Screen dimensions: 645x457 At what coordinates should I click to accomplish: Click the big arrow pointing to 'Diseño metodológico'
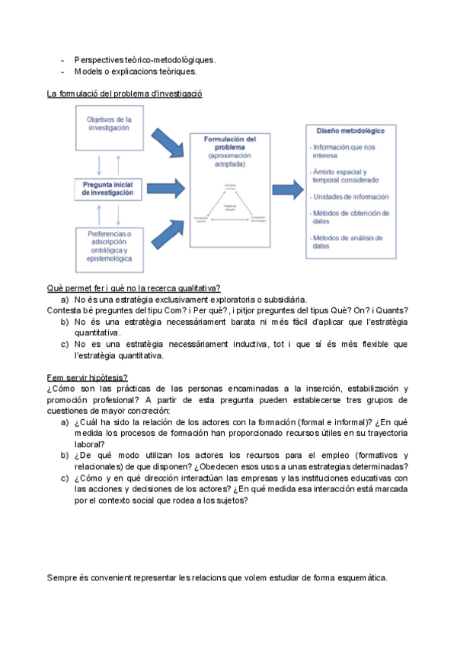pos(287,189)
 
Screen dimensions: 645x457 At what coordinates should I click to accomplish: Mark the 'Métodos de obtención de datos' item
pos(350,218)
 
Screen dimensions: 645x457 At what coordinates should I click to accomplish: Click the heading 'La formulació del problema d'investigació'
pos(125,94)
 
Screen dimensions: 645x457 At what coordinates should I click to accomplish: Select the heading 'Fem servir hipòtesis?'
pos(87,377)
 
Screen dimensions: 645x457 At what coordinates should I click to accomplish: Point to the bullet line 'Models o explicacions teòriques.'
pos(136,72)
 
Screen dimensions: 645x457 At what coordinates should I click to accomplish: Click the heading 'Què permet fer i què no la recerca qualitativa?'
pos(134,288)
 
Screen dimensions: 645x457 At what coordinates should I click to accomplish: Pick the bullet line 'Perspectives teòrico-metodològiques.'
pos(145,59)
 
